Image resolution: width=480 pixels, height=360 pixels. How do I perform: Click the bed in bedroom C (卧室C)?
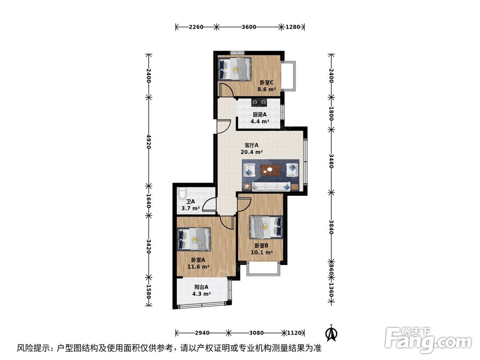coord(235,69)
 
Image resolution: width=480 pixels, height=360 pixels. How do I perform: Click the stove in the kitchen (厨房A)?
coord(260,102)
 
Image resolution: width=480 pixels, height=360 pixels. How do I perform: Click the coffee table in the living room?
coord(272,169)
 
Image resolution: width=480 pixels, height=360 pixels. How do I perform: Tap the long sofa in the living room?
coord(272,186)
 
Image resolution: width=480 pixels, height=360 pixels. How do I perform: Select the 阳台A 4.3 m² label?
coord(201,291)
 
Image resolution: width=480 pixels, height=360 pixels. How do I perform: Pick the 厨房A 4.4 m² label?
coord(260,118)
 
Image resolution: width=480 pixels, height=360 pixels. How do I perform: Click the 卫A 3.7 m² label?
coord(190,205)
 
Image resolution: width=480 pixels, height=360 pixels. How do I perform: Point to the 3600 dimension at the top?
coord(249,27)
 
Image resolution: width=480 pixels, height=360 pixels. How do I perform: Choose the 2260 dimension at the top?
coord(195,27)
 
